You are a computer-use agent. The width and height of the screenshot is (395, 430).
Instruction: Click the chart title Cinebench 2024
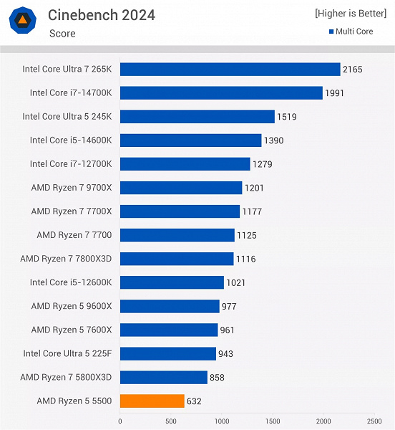101,15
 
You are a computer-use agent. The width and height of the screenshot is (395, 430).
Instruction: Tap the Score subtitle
62,33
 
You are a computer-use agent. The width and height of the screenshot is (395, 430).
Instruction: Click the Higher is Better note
351,14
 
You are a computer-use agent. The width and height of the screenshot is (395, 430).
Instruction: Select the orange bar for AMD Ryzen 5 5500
152,401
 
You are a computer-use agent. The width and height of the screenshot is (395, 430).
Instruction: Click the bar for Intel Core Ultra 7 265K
230,70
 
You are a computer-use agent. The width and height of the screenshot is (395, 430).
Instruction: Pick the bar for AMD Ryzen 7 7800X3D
177,259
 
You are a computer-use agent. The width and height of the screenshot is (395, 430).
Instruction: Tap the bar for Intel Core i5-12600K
172,282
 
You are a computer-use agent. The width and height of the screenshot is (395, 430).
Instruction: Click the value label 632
195,401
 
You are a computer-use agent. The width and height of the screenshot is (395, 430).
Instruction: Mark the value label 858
218,378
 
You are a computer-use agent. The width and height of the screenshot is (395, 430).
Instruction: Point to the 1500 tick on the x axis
272,421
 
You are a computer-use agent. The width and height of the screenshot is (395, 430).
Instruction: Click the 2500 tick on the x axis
374,421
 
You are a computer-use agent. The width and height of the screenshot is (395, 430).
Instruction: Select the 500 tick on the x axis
170,421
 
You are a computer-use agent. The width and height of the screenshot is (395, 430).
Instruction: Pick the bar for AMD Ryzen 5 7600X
169,330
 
